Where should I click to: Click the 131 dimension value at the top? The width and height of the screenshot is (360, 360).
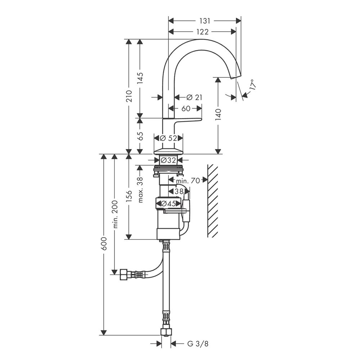pyautogui.click(x=204, y=21)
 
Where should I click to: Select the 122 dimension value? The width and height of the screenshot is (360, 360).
pyautogui.click(x=202, y=32)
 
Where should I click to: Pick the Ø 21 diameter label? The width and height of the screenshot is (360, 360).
pyautogui.click(x=194, y=97)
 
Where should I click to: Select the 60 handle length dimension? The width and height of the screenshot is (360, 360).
pyautogui.click(x=185, y=108)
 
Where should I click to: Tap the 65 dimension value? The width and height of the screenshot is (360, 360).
pyautogui.click(x=140, y=136)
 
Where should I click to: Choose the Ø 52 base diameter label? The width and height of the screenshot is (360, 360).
pyautogui.click(x=168, y=138)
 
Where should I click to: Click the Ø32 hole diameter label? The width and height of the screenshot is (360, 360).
pyautogui.click(x=168, y=160)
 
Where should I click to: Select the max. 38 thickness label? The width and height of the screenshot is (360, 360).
pyautogui.click(x=140, y=189)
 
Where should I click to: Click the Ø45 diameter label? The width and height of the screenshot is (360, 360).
pyautogui.click(x=168, y=204)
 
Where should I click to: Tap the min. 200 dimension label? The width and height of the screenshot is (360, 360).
pyautogui.click(x=115, y=214)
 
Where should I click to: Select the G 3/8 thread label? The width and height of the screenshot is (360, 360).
pyautogui.click(x=198, y=343)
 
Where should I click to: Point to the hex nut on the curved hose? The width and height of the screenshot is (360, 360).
pyautogui.click(x=125, y=275)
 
